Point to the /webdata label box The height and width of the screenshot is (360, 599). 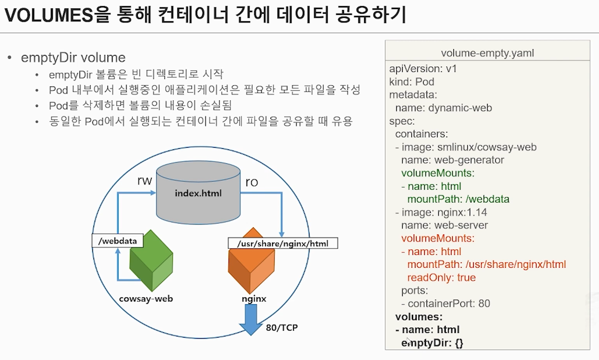point(117,241)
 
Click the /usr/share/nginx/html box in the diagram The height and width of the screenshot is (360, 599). point(283,243)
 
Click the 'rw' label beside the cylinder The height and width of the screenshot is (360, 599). point(144,181)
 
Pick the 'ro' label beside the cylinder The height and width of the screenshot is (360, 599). point(252,182)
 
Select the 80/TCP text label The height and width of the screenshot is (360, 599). point(282,328)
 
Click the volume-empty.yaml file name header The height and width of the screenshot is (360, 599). point(487,53)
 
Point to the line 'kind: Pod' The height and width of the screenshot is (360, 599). point(411,82)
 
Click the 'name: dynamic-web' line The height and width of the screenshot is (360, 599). point(443,108)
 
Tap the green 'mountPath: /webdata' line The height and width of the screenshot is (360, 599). point(458,199)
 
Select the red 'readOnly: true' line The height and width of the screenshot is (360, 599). point(441,277)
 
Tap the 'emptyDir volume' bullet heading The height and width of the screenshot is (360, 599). point(73,57)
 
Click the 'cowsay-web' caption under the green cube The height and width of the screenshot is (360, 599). point(146,299)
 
